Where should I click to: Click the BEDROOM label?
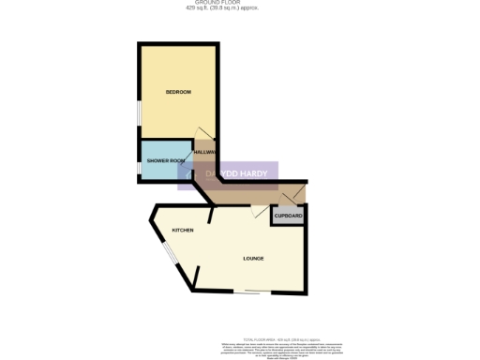(178, 92)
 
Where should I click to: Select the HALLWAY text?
(205, 153)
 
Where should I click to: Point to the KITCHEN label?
(182, 230)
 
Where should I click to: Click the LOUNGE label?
(253, 259)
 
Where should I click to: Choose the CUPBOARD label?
(289, 217)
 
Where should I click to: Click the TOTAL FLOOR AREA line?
(281, 338)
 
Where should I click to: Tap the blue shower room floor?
(164, 171)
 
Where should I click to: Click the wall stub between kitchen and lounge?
(212, 216)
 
